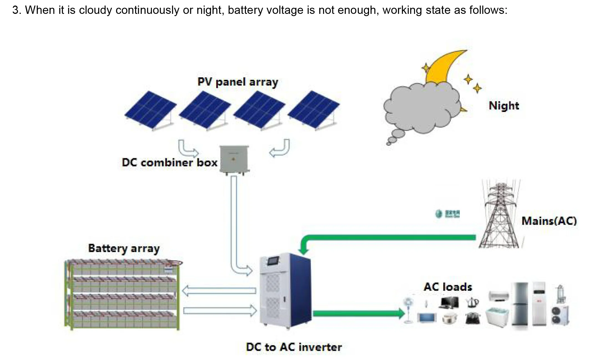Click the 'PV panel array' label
click(238, 82)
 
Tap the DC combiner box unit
click(235, 160)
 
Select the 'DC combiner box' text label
click(169, 162)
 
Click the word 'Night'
click(504, 106)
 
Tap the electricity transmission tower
click(500, 216)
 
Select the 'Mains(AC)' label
click(549, 221)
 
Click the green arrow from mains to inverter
click(388, 238)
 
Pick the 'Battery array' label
click(124, 248)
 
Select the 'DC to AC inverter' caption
click(294, 347)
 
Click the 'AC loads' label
click(448, 287)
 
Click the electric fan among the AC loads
click(408, 309)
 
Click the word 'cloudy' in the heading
click(96, 10)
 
